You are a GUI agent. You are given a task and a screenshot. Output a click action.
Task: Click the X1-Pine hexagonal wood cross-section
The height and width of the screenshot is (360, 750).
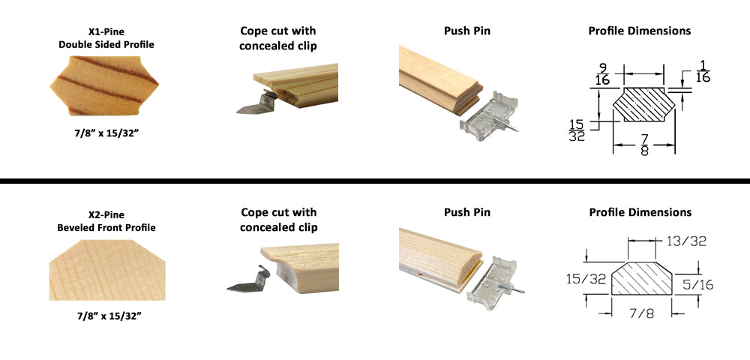coord(104,85)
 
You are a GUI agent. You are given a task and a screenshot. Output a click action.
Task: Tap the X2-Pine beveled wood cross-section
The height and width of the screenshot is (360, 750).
coord(107,270)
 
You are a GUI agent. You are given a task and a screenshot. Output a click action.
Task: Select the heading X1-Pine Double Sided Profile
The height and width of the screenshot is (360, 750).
coord(106,38)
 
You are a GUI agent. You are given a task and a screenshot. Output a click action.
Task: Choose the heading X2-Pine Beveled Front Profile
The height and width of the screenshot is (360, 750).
coord(106,221)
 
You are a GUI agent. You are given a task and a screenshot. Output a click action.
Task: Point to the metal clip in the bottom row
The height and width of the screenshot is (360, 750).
coord(249,280)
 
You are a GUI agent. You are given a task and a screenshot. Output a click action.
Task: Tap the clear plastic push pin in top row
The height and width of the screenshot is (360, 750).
coord(489,117)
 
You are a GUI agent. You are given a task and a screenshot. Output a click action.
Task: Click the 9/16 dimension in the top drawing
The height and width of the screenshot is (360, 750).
coord(603,74)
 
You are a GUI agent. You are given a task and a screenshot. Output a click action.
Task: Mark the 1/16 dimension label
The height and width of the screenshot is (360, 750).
coord(702,71)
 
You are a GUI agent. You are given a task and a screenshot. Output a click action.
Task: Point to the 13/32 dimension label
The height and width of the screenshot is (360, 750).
coord(686,241)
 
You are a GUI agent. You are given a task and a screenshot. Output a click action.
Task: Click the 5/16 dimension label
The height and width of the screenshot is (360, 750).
coord(697,285)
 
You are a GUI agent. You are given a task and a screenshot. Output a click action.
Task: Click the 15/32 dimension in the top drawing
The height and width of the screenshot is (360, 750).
coord(577,130)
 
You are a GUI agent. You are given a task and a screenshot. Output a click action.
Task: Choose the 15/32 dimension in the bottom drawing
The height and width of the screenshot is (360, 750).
coord(586,279)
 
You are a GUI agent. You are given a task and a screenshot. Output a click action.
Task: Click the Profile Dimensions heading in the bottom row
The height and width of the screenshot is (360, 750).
coord(640,212)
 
